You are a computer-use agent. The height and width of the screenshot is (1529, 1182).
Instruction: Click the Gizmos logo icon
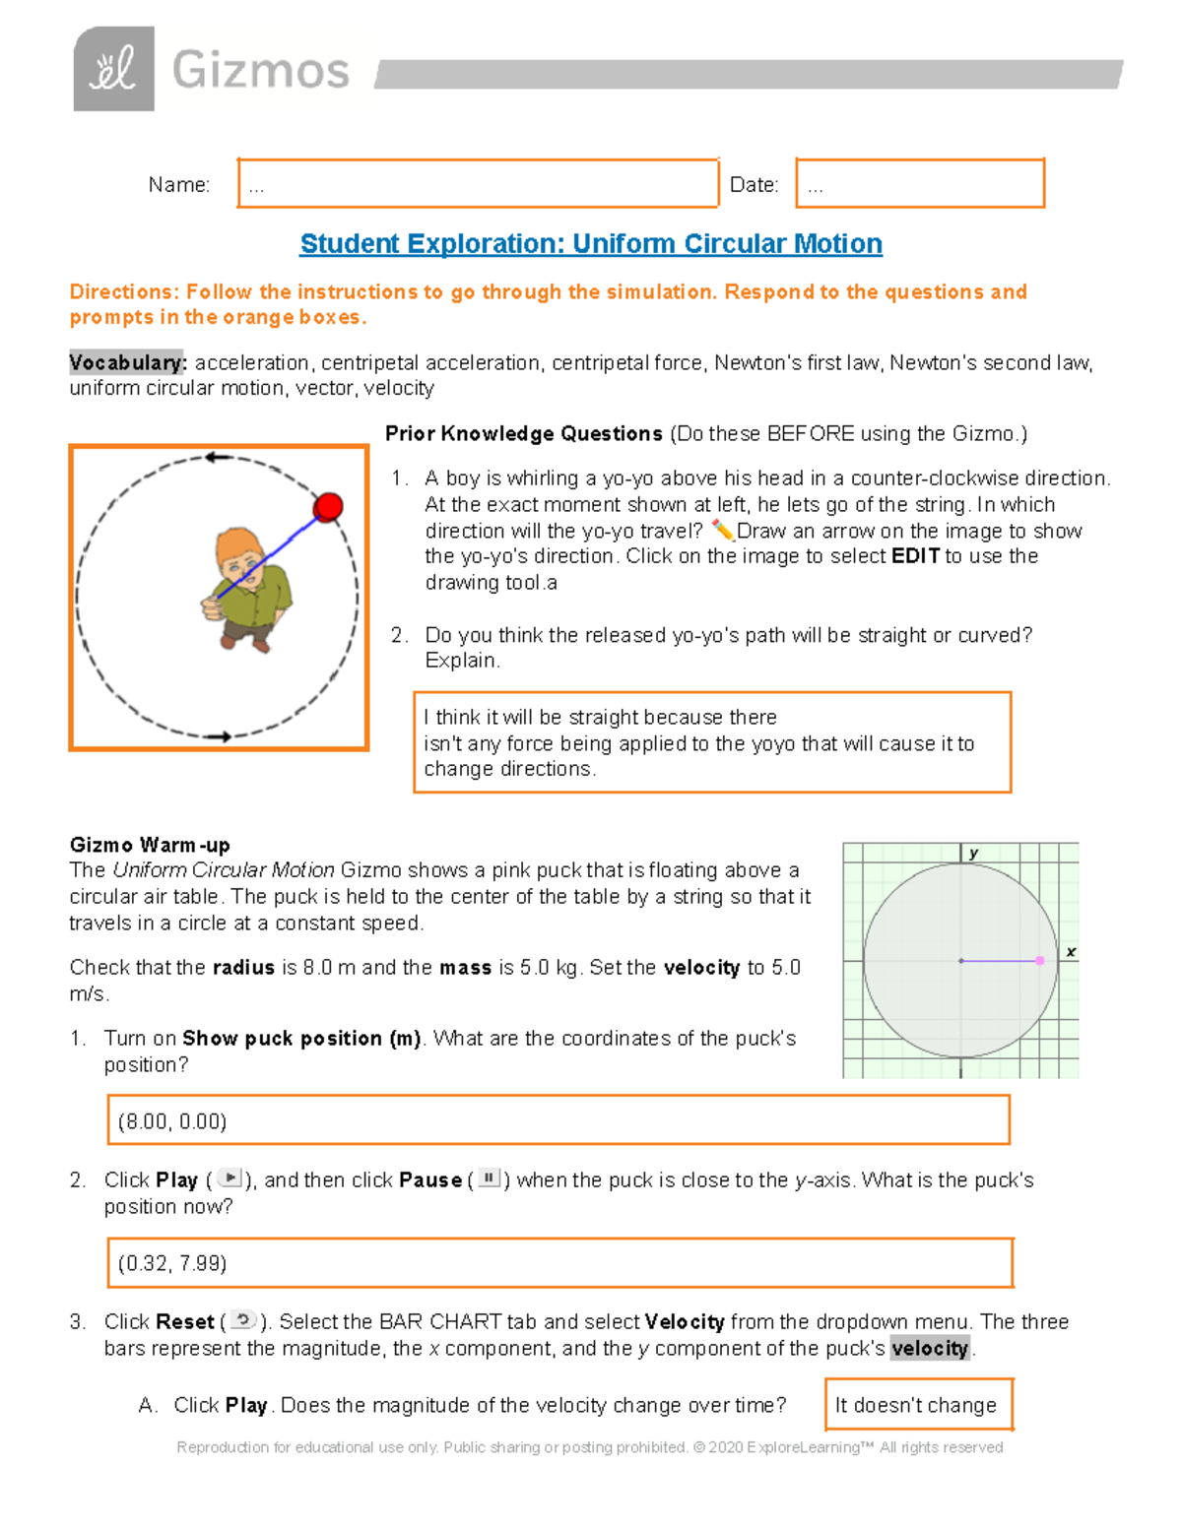[113, 69]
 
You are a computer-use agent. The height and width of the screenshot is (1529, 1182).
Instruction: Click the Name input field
[478, 183]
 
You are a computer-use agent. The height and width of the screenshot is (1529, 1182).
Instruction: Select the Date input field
[919, 183]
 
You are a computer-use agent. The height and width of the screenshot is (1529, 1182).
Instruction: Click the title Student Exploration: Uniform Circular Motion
[591, 243]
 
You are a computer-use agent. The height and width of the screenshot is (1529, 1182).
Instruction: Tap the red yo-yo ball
[328, 506]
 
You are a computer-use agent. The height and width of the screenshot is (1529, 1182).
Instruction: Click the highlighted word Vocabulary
[126, 362]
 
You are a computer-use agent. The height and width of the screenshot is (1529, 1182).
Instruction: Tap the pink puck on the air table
[1040, 960]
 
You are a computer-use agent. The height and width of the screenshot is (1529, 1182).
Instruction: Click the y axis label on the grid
[973, 854]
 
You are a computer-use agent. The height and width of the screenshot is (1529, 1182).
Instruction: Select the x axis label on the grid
[1071, 952]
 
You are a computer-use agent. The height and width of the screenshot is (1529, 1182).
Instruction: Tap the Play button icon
[229, 1178]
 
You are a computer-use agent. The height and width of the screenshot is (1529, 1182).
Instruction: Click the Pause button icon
[490, 1178]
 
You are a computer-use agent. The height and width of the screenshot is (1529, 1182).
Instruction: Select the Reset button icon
[242, 1319]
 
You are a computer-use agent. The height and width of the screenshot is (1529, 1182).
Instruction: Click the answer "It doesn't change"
[917, 1405]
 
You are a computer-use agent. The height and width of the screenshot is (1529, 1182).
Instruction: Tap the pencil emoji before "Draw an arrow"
[723, 531]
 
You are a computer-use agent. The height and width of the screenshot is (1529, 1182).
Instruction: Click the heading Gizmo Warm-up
[150, 845]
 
